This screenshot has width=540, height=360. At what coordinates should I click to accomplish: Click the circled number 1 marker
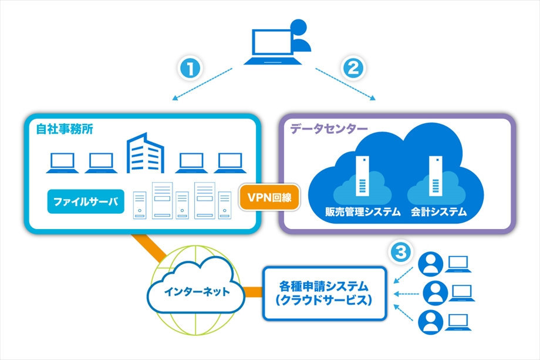(190, 68)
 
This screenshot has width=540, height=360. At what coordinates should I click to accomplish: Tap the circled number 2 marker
(353, 68)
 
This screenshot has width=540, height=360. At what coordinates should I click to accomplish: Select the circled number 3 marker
(401, 252)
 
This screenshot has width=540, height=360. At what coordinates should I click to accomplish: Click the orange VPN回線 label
(269, 197)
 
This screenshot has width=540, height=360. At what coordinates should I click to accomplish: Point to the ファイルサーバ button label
(86, 201)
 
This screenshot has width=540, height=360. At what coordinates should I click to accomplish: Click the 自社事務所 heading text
(65, 129)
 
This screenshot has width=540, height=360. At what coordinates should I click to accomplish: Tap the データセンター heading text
(329, 129)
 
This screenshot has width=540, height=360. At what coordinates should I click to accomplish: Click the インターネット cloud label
(197, 292)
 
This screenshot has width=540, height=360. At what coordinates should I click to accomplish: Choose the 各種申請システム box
(325, 294)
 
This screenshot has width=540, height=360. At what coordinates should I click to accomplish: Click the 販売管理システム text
(363, 211)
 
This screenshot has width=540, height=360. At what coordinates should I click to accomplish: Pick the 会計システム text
(439, 211)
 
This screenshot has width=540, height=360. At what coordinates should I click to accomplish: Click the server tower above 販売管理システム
(362, 176)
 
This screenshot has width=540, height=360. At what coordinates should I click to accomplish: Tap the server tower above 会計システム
(436, 176)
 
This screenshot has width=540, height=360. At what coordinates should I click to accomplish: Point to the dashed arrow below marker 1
(203, 84)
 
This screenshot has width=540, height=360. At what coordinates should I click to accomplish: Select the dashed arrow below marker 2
(345, 84)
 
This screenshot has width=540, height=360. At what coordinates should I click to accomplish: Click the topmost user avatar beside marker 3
(430, 264)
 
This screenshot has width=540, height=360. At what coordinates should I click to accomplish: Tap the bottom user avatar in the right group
(430, 322)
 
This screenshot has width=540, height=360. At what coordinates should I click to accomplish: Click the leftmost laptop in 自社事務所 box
(62, 163)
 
